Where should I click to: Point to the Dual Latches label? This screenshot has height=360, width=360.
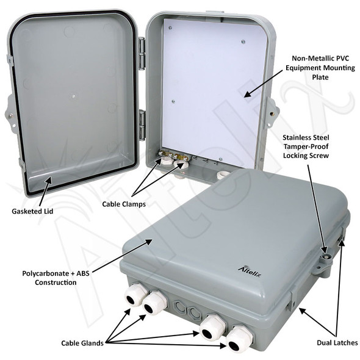pos(336,342)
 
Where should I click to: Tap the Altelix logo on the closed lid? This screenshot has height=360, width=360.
pos(250,268)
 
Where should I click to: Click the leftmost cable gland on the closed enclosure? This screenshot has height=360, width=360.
pos(135,295)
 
